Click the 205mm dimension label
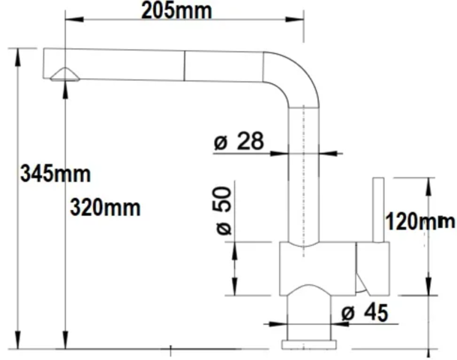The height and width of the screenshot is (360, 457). (x=176, y=12)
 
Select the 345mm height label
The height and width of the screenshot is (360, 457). (x=56, y=174)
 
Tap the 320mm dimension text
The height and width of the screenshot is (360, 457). (x=106, y=208)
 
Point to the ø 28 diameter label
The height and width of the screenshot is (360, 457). (x=239, y=141)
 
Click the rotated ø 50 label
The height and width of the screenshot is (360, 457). (x=224, y=210)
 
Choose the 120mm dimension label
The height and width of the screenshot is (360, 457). (x=420, y=222)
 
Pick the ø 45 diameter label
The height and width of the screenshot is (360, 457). (x=365, y=312)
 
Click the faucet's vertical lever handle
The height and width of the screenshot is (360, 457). (x=379, y=210)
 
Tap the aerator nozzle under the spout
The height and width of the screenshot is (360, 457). (x=65, y=74)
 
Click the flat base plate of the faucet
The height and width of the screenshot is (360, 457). (x=309, y=344)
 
